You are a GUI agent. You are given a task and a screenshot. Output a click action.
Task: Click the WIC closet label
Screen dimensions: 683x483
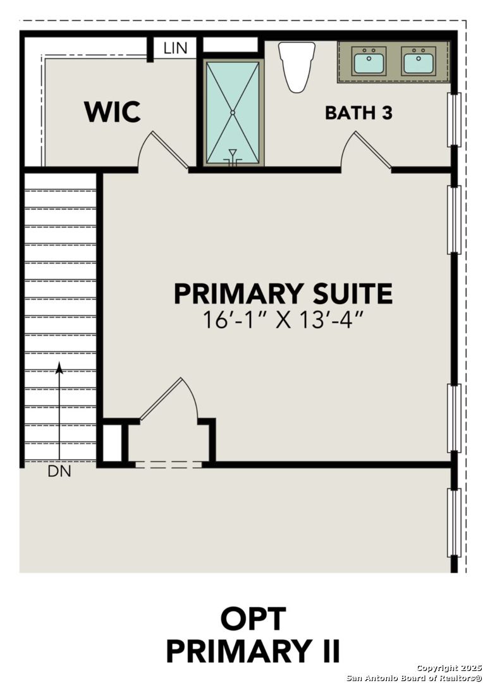[x=113, y=112]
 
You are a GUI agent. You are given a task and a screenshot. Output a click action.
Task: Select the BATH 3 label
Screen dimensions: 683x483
[x=358, y=113]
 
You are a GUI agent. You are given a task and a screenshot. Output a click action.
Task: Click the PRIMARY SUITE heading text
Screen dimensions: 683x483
[x=283, y=294]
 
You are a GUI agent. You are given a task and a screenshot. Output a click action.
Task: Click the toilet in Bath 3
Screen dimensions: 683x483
[x=297, y=65]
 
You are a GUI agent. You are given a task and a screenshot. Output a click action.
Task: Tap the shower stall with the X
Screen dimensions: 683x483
[x=233, y=113]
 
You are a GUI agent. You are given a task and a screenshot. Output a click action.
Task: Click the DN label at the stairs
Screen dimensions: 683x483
[x=59, y=471]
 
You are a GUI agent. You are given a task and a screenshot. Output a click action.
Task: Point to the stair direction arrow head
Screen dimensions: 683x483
[x=59, y=367]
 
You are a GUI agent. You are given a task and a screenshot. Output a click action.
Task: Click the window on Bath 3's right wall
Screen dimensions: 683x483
[x=454, y=120]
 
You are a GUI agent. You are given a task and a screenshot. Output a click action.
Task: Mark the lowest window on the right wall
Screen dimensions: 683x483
[x=454, y=522]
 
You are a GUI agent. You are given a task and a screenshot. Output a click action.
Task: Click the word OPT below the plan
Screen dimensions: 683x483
[x=253, y=619]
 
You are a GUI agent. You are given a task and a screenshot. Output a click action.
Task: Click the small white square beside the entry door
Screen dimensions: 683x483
[x=112, y=443]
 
